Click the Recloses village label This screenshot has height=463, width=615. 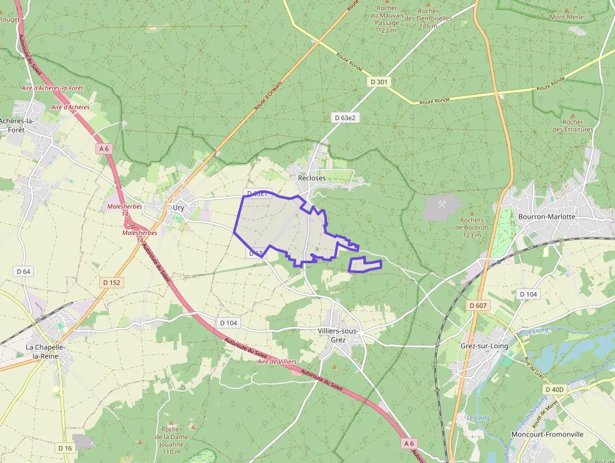pyautogui.click(x=312, y=178)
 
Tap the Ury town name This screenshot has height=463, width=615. pyautogui.click(x=178, y=207)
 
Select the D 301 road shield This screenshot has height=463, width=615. pyautogui.click(x=378, y=82)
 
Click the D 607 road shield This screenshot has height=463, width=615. pyautogui.click(x=479, y=305)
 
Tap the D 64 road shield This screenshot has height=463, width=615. pyautogui.click(x=23, y=271)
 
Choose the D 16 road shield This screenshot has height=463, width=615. pyautogui.click(x=65, y=448)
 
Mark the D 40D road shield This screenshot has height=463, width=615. pyautogui.click(x=555, y=389)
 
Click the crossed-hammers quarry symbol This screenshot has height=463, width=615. pyautogui.click(x=443, y=204)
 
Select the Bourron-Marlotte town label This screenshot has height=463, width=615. pyautogui.click(x=547, y=217)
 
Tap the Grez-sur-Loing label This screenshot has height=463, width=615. pyautogui.click(x=484, y=346)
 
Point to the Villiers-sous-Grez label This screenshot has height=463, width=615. pyautogui.click(x=338, y=335)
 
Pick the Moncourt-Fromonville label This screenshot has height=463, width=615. pyautogui.click(x=547, y=434)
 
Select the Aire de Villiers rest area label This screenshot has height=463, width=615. pyautogui.click(x=277, y=362)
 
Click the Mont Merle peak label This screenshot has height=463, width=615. pyautogui.click(x=567, y=17)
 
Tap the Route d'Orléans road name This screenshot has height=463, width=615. pyautogui.click(x=269, y=96)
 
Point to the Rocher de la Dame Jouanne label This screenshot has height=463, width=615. pyautogui.click(x=171, y=440)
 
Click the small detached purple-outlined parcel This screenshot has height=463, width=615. pyautogui.click(x=365, y=264)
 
